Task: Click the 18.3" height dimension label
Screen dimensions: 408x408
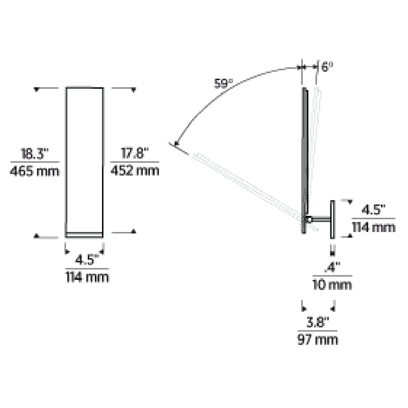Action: click(35, 154)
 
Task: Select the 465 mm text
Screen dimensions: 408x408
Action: click(35, 171)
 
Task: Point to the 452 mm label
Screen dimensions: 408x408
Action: click(135, 171)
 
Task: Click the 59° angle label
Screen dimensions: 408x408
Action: click(223, 84)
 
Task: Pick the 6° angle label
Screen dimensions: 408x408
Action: click(327, 67)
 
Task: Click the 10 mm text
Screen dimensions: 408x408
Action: click(332, 285)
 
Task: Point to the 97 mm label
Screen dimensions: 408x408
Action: click(318, 339)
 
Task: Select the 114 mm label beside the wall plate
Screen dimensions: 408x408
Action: click(374, 227)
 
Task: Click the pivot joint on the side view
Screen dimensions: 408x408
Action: click(309, 220)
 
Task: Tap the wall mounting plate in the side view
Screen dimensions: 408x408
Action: click(332, 219)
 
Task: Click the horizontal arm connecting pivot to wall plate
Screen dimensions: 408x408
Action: click(320, 220)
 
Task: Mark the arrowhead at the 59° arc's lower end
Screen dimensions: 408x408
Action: click(177, 143)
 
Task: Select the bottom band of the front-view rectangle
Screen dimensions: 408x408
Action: click(85, 235)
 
